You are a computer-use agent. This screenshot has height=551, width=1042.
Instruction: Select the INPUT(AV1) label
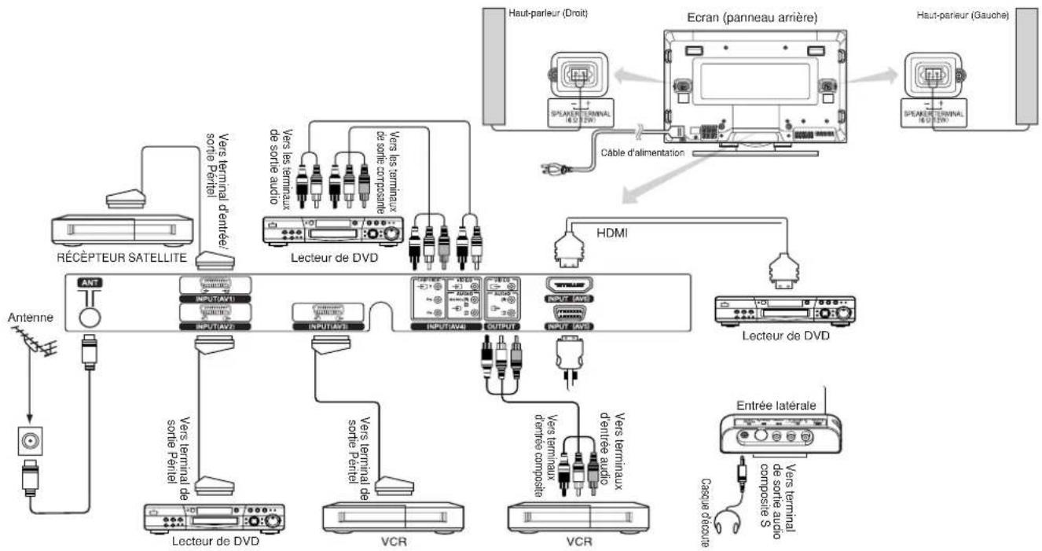pos(215,298)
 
